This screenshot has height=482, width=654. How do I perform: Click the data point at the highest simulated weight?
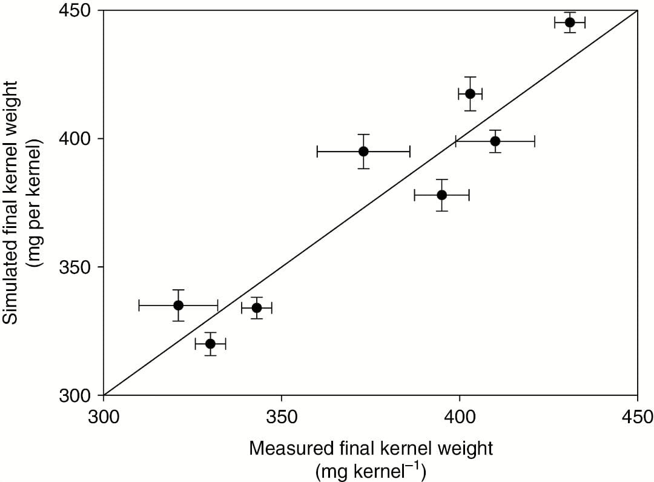tap(569, 22)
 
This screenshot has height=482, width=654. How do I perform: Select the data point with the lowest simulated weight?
tap(210, 344)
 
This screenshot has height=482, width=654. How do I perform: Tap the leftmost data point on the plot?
tap(178, 305)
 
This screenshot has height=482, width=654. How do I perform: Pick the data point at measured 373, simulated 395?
tap(363, 151)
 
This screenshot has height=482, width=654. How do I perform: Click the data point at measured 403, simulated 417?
tap(470, 93)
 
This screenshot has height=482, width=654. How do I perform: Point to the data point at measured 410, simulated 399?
tap(495, 141)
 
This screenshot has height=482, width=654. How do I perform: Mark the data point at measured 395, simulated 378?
tap(441, 195)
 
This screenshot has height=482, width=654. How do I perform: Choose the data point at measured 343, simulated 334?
tap(257, 307)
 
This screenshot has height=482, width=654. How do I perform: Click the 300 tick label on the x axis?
tap(104, 417)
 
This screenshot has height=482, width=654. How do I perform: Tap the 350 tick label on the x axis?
tap(282, 417)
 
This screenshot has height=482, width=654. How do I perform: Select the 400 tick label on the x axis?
tap(460, 417)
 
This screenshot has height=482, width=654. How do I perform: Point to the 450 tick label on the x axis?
tap(637, 417)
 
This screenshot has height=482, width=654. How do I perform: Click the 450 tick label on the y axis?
tap(78, 11)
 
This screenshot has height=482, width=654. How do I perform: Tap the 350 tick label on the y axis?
tap(78, 267)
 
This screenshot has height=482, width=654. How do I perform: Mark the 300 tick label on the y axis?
tap(78, 395)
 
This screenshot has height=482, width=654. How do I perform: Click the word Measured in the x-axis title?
tap(290, 449)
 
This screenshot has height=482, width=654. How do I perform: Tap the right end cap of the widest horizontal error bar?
tap(409, 151)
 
